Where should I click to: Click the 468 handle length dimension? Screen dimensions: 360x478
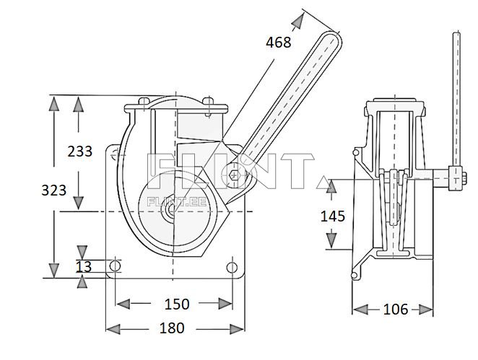tap(278, 43)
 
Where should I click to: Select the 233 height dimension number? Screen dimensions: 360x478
tap(79, 152)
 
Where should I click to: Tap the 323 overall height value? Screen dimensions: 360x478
tap(54, 190)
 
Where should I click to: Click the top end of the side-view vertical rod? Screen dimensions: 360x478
tap(456, 36)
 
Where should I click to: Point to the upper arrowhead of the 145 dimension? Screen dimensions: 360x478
tap(331, 185)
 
